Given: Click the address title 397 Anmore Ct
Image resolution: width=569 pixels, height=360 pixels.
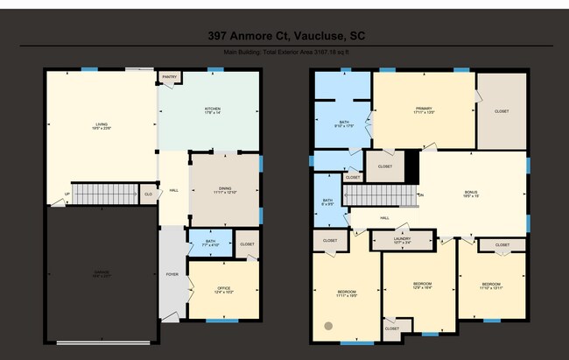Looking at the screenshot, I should pyautogui.click(x=284, y=36).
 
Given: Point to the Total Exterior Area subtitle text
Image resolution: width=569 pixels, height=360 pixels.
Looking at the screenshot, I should pyautogui.click(x=284, y=53).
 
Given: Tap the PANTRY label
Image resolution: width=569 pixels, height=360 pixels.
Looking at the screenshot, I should pyautogui.click(x=169, y=77).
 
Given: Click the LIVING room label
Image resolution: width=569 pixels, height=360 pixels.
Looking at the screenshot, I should pyautogui.click(x=102, y=126).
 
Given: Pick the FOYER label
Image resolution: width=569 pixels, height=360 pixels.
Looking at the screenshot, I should pyautogui.click(x=172, y=274).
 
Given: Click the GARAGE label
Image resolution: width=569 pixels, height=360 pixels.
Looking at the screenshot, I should pyautogui.click(x=102, y=272).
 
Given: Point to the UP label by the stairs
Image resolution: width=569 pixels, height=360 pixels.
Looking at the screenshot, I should pyautogui.click(x=67, y=194).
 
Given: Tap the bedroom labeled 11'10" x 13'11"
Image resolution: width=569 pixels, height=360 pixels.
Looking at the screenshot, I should pyautogui.click(x=489, y=286).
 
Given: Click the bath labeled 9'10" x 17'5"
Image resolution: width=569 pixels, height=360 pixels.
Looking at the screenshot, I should pyautogui.click(x=342, y=124).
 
